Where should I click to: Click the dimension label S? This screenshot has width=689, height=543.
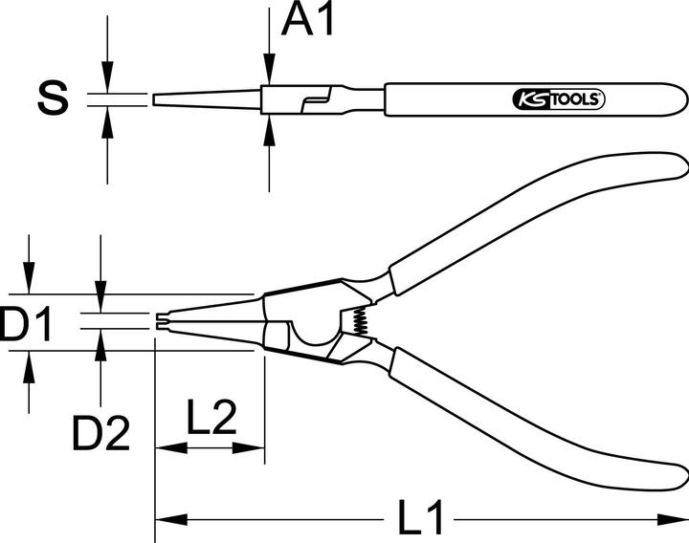tap(53, 98)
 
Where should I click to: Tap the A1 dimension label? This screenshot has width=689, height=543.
tap(308, 20)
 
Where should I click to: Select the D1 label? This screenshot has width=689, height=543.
tap(27, 325)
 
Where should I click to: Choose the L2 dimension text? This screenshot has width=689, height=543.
tap(211, 419)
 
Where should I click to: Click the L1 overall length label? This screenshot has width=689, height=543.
tap(420, 520)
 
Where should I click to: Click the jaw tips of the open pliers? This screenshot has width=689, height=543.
tap(158, 322)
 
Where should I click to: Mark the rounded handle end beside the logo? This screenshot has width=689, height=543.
tap(678, 98)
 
